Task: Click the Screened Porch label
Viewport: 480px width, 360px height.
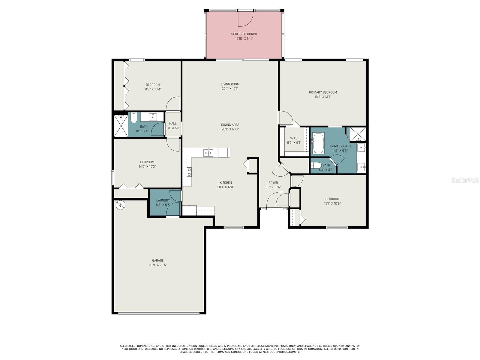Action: (244, 34)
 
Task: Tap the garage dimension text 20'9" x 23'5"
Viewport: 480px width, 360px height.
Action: (157, 265)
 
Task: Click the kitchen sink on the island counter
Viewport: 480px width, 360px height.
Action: (208, 153)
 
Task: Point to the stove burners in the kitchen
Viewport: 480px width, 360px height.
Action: (189, 172)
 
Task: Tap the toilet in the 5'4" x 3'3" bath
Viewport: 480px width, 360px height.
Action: (316, 165)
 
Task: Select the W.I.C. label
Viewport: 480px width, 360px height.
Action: (294, 138)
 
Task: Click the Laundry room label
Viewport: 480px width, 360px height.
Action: (163, 200)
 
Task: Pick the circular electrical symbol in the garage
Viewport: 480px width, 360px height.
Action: (120, 205)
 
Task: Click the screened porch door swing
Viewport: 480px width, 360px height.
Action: (245, 19)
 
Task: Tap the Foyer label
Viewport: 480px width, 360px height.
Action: (273, 183)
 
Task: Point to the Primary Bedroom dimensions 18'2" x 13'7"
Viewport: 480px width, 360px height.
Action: (323, 97)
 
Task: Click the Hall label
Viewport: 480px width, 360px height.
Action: (173, 124)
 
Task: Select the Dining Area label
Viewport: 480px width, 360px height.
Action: (230, 125)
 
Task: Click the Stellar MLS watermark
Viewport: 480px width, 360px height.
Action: (465, 180)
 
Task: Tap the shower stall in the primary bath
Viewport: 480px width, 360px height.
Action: (358, 134)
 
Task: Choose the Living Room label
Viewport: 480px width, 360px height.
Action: (230, 84)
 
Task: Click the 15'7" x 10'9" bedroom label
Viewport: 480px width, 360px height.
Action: (332, 199)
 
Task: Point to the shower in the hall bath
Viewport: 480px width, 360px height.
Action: (121, 125)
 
